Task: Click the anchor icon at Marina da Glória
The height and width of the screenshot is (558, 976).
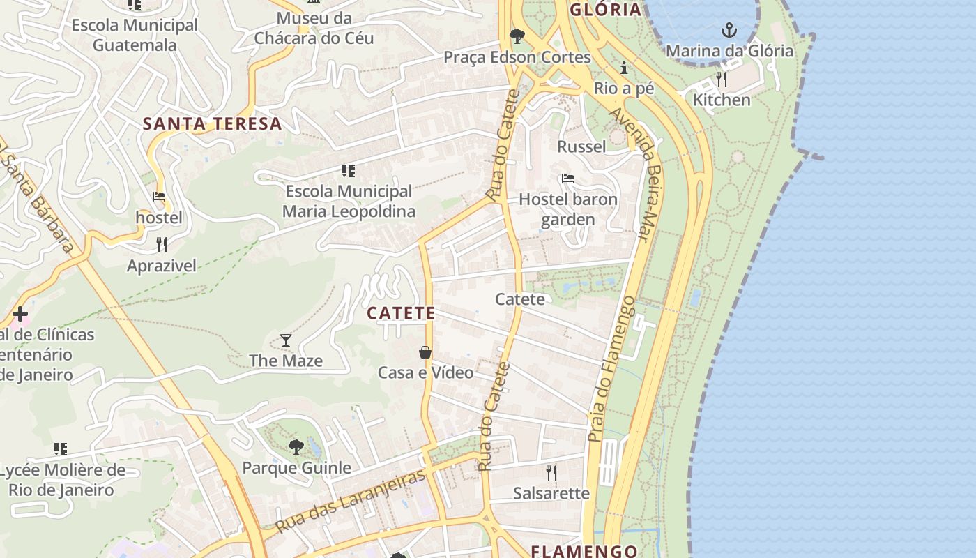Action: (729, 30)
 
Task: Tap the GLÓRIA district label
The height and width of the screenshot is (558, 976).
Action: (605, 10)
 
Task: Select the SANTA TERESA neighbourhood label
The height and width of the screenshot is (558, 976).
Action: (212, 124)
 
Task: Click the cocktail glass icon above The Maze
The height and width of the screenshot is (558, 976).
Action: (286, 340)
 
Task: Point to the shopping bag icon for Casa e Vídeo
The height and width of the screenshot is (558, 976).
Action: (425, 352)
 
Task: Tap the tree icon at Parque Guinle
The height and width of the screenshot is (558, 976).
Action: (296, 446)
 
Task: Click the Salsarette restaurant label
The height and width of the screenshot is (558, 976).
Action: (551, 493)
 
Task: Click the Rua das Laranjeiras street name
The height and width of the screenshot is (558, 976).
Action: (351, 502)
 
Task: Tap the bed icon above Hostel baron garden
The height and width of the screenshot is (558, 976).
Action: (568, 179)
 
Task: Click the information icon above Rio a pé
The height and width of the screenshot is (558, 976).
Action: (624, 68)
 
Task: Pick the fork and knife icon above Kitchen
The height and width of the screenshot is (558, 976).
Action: (722, 79)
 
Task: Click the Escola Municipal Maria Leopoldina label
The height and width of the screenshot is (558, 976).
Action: (349, 201)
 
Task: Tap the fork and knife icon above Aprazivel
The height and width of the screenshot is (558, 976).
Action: (162, 244)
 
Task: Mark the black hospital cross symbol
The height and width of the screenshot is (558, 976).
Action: (20, 314)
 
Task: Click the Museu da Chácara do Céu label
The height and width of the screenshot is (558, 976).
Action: (314, 28)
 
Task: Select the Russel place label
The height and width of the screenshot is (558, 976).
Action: (581, 146)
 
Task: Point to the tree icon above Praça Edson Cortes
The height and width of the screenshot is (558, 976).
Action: (517, 36)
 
